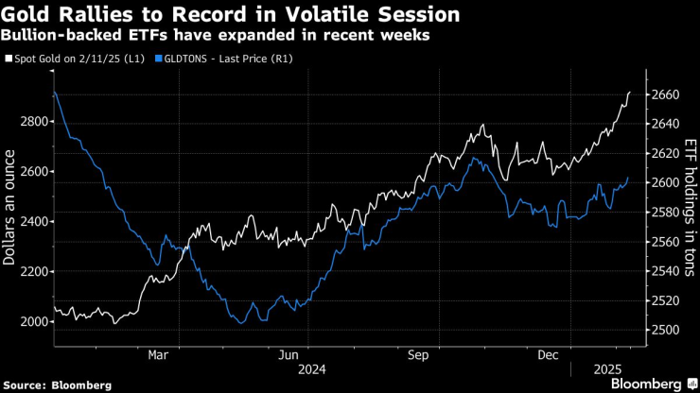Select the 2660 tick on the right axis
click(x=667, y=94)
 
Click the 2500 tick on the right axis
click(x=667, y=330)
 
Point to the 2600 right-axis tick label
click(x=667, y=182)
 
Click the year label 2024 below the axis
click(x=312, y=368)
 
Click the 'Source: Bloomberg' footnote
click(x=58, y=384)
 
